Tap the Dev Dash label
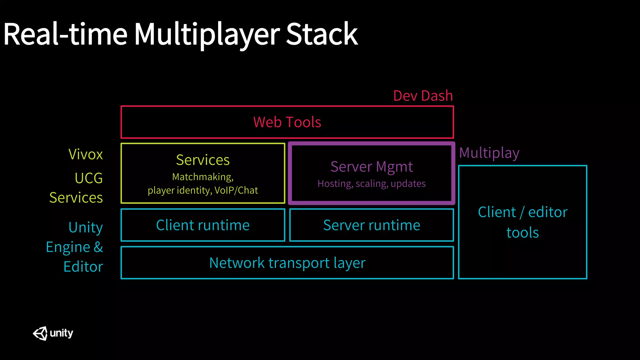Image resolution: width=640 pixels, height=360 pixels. coord(423,96)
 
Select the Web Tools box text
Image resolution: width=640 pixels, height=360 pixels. coord(287,122)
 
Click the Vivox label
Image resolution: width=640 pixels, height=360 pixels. coord(86,154)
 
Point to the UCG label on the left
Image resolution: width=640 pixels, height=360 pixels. coord(89,178)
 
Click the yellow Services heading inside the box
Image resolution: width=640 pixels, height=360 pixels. coord(203,160)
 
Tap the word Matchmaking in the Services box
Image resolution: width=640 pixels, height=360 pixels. coord(202,177)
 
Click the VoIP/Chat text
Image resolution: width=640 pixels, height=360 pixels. coord(236,190)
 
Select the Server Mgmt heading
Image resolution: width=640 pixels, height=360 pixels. coord(372,167)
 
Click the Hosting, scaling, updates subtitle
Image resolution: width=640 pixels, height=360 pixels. coord(372,183)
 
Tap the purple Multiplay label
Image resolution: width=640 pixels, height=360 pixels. coord(489,153)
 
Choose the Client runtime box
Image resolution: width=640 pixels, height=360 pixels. coord(203,225)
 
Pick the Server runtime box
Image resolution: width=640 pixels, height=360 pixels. coord(372,225)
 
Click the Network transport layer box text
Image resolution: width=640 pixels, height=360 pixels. coord(287,263)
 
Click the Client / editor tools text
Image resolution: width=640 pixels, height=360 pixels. coord(522,222)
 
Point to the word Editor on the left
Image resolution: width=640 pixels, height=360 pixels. coord(83,267)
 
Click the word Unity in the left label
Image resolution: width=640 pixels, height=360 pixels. coord(86,227)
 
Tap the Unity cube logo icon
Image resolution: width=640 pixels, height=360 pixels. coord(40,333)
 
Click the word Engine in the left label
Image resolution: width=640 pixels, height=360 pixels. coord(68,247)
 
